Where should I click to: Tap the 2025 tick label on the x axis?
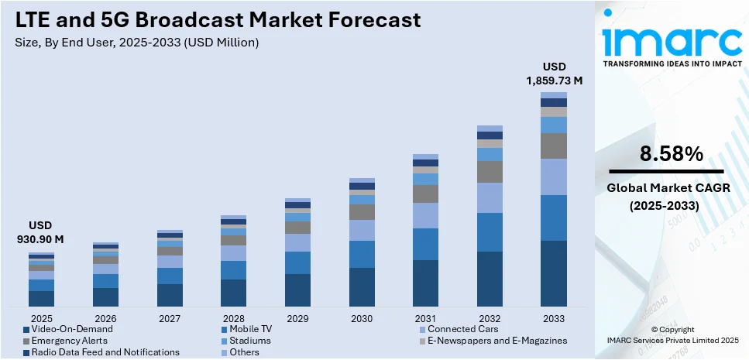click(x=41, y=318)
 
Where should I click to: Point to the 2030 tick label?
click(x=362, y=318)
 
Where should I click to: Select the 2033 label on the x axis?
click(x=554, y=318)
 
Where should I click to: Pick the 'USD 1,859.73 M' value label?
click(x=553, y=73)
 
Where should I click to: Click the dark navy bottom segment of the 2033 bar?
click(x=554, y=274)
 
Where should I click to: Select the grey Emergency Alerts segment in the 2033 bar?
click(x=554, y=146)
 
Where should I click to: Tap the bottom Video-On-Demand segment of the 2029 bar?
click(x=297, y=290)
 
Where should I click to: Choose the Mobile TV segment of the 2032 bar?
click(x=490, y=232)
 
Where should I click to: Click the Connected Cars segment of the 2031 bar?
click(x=425, y=215)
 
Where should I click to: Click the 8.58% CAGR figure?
click(x=671, y=154)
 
